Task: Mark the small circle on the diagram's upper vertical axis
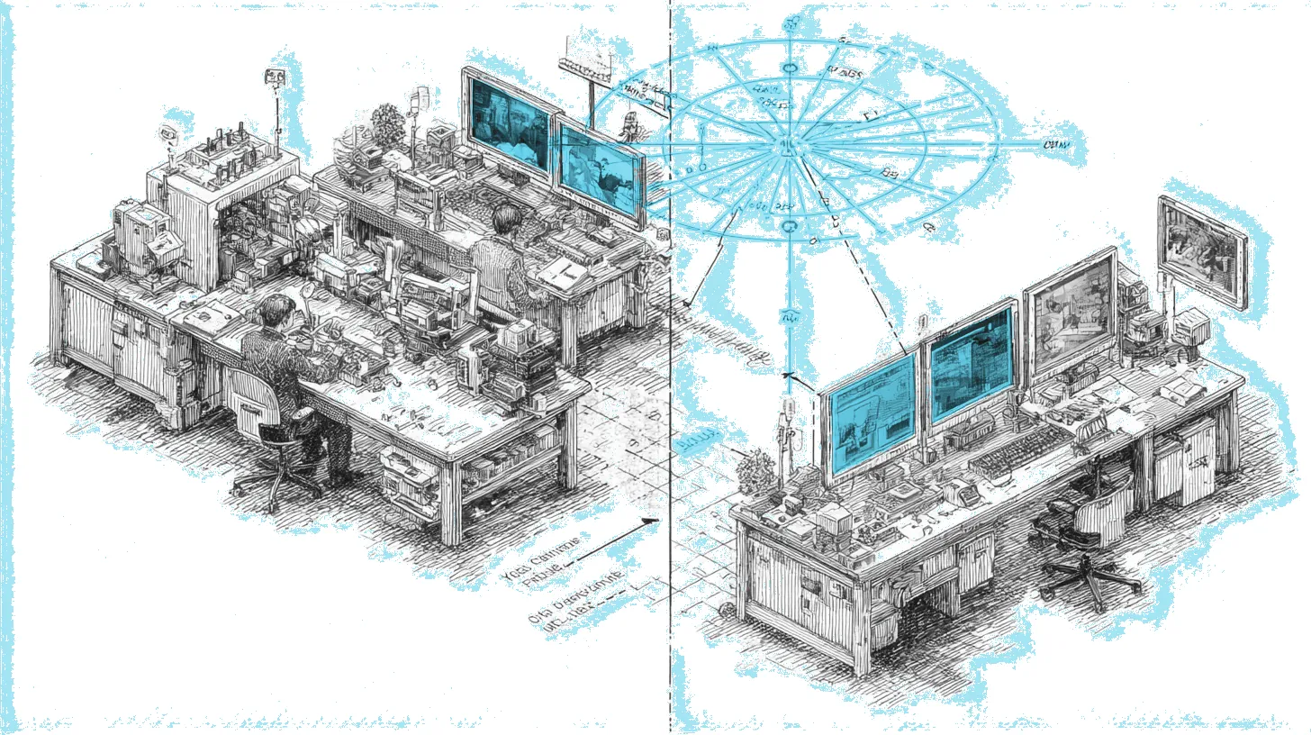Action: tap(790, 68)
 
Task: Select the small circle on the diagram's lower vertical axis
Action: tap(790, 225)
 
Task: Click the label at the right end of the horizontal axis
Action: tap(1053, 145)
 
